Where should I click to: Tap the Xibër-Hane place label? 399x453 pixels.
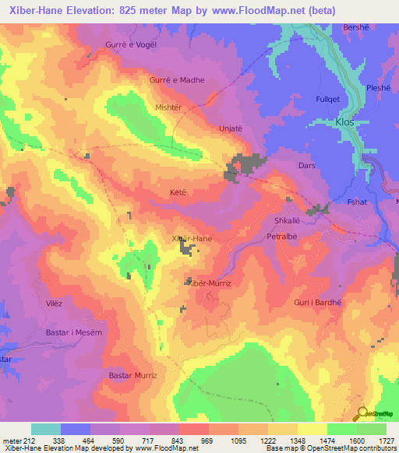pos(191,238)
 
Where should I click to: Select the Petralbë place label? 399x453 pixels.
pos(282,235)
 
